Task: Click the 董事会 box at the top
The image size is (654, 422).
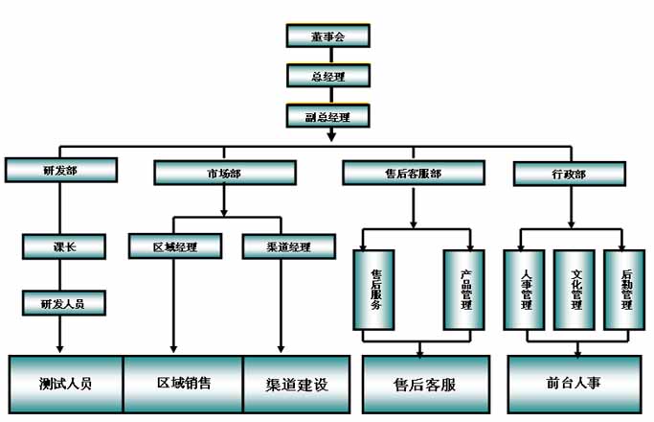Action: pos(327,35)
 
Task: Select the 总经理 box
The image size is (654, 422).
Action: pos(327,76)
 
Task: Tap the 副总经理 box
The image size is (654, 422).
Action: pos(327,117)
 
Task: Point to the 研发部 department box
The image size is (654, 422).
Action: pos(61,172)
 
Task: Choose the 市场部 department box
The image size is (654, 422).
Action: pos(224,173)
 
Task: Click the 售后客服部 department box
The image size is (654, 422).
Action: pos(412,173)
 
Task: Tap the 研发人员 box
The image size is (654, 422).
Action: pos(64,303)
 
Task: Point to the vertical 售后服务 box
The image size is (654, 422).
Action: pos(375,289)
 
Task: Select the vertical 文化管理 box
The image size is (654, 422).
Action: pos(576,289)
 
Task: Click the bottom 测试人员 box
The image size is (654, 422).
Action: pos(66,384)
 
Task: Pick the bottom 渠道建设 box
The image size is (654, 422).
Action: pos(297,384)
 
